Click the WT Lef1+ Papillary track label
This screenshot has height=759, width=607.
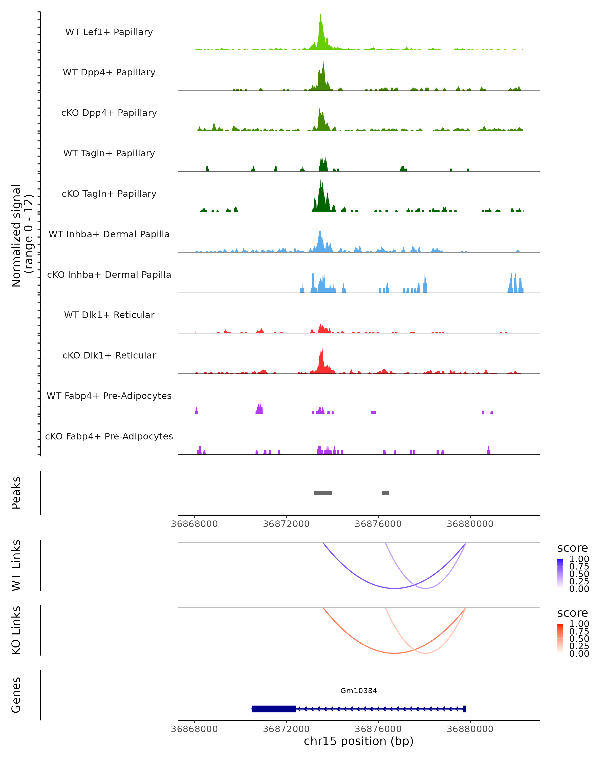click(x=109, y=32)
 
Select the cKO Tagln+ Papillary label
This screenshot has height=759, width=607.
click(x=109, y=194)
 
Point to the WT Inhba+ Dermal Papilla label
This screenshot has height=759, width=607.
click(x=109, y=235)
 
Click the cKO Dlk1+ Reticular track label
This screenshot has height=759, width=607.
click(x=109, y=355)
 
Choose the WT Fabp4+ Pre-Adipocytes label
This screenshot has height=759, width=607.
click(x=109, y=396)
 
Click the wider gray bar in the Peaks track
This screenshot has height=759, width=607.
click(x=323, y=493)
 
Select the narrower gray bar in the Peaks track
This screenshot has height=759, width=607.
click(x=385, y=493)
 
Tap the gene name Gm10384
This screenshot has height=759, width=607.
click(x=359, y=691)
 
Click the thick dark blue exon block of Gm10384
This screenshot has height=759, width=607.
click(x=274, y=709)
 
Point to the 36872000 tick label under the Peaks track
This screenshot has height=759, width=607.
click(x=286, y=524)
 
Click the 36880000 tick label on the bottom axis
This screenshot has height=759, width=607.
click(x=470, y=729)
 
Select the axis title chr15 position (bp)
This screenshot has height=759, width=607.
click(x=359, y=741)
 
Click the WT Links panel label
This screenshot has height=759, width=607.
click(x=16, y=565)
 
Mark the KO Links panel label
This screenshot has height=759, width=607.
click(x=16, y=630)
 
